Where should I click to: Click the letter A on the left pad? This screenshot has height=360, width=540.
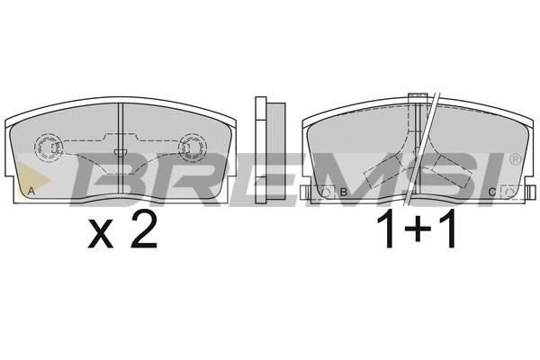31,192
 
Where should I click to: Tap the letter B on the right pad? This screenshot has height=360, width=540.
343,193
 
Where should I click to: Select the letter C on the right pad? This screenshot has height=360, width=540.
492,193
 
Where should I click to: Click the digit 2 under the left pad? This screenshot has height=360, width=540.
144,229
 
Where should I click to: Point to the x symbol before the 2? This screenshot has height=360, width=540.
101,235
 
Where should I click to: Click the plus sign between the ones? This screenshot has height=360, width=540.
418,229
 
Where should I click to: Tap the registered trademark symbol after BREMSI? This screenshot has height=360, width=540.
515,158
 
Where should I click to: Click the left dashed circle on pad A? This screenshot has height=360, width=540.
49,148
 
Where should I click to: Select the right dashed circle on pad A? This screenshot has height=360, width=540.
193,148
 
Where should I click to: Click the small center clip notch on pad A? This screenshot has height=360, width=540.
121,153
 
